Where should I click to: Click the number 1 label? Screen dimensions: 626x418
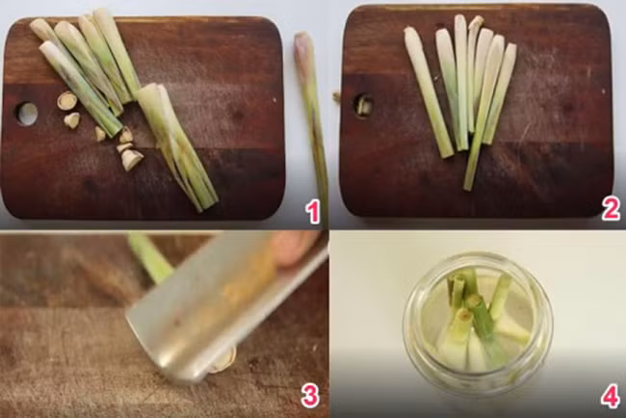[x=313, y=213]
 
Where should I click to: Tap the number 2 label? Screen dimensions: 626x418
[x=612, y=208]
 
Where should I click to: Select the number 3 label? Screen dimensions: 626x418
[x=310, y=396]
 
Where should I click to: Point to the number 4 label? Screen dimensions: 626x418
[x=611, y=396]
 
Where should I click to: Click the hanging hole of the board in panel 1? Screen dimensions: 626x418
[x=27, y=114]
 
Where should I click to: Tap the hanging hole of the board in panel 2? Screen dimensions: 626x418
[x=363, y=105]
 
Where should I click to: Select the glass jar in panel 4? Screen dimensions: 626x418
[x=478, y=324]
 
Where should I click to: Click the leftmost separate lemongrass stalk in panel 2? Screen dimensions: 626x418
[x=428, y=91]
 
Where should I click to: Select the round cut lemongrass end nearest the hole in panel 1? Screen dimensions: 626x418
[x=66, y=100]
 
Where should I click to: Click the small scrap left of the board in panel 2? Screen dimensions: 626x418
[x=337, y=96]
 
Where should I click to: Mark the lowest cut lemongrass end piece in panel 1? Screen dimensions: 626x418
[x=132, y=159]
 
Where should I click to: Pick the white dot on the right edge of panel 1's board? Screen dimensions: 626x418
[x=274, y=99]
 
